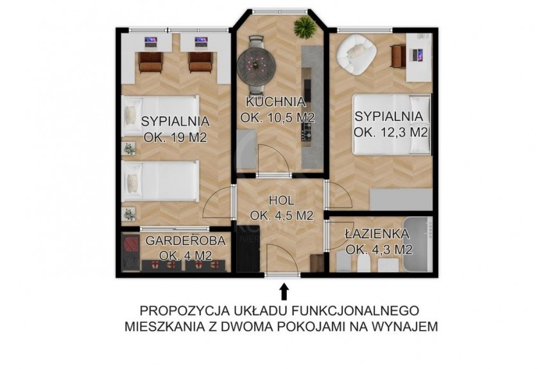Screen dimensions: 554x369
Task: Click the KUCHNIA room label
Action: click(x=275, y=101)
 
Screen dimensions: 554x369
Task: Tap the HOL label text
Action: click(x=282, y=201)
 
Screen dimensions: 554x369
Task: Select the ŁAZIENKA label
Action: click(x=377, y=233)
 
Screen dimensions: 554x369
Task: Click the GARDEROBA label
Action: click(x=186, y=241)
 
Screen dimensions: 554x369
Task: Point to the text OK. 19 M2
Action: click(x=175, y=137)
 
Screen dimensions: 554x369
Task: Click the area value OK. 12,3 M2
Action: click(x=391, y=132)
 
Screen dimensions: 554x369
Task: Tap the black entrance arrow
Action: click(x=284, y=292)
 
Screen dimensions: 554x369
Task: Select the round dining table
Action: click(x=256, y=64)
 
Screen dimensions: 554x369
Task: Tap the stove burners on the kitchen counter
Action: click(x=306, y=132)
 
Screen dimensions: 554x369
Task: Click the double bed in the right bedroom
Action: click(x=392, y=124)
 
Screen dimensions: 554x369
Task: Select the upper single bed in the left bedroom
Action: click(x=160, y=115)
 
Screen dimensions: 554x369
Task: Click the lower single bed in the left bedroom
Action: click(x=160, y=181)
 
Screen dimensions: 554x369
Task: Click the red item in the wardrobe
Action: click(x=131, y=245)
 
